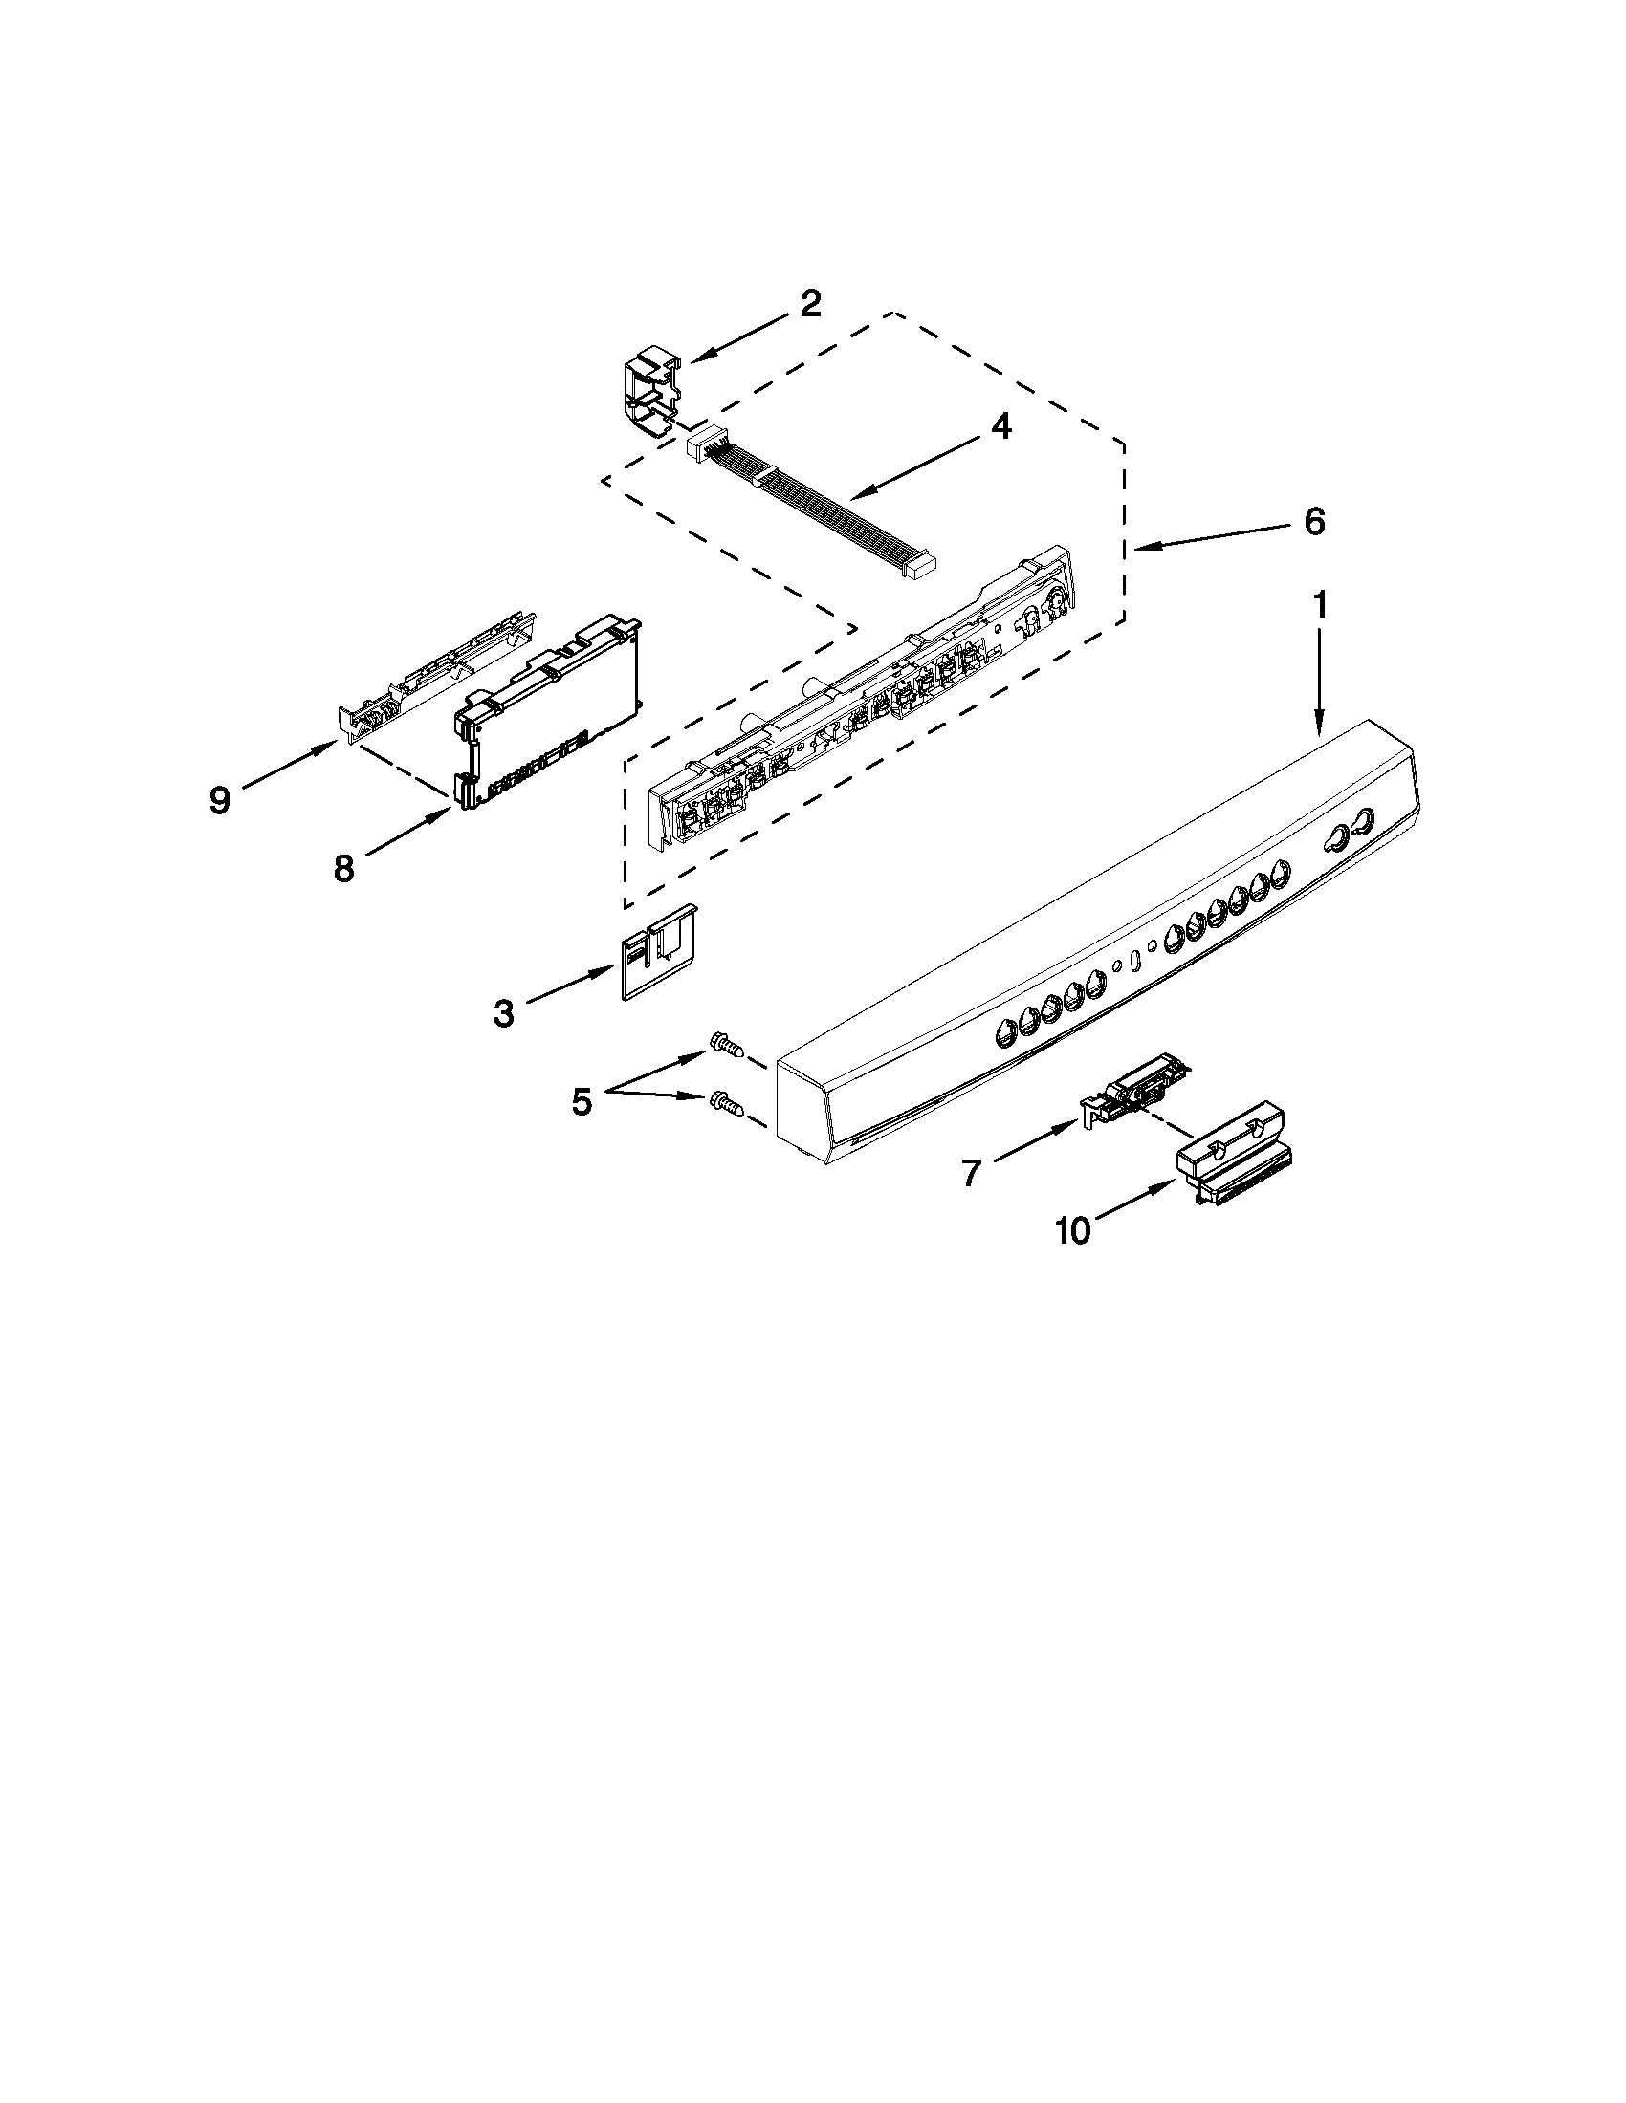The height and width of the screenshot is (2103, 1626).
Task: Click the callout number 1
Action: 1320,606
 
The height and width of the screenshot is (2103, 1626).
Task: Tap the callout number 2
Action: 810,304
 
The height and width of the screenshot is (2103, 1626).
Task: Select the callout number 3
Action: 503,1013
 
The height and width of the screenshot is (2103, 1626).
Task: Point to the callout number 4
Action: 1001,425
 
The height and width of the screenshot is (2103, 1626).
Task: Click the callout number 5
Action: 581,1100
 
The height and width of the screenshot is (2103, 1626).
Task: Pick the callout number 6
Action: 1314,521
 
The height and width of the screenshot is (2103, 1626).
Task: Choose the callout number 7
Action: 970,1172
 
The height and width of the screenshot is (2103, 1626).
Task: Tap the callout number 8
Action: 343,868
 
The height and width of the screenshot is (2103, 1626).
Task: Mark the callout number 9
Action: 220,799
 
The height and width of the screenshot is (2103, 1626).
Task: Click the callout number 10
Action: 1073,1229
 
